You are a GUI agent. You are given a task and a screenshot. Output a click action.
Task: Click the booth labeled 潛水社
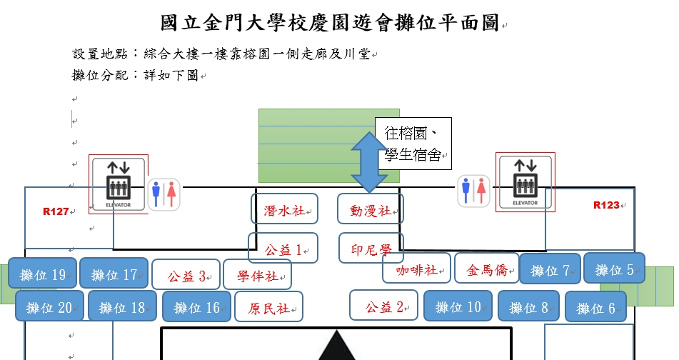click(284, 211)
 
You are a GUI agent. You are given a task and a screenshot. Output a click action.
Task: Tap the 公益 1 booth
click(283, 249)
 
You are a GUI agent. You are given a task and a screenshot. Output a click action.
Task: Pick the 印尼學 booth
click(371, 249)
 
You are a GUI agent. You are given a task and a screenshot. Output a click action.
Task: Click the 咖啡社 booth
click(416, 269)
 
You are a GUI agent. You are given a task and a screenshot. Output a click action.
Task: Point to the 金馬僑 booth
click(487, 269)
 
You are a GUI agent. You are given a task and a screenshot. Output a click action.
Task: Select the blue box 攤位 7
click(549, 269)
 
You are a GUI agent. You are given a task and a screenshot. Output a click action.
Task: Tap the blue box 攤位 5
click(615, 269)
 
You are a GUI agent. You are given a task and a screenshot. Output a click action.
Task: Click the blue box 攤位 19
click(42, 274)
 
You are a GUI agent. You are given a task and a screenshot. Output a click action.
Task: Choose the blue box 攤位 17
click(114, 274)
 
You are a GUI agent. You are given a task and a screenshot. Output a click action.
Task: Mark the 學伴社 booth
click(257, 275)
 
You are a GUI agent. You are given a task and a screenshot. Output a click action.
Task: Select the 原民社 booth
click(268, 308)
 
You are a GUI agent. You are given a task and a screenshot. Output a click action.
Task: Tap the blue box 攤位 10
click(458, 307)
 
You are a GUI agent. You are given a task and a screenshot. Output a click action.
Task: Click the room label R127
click(56, 211)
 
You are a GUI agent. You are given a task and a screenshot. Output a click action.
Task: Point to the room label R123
click(606, 205)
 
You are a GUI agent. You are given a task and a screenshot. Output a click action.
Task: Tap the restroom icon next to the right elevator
click(473, 189)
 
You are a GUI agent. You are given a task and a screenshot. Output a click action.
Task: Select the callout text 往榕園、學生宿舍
click(413, 143)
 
